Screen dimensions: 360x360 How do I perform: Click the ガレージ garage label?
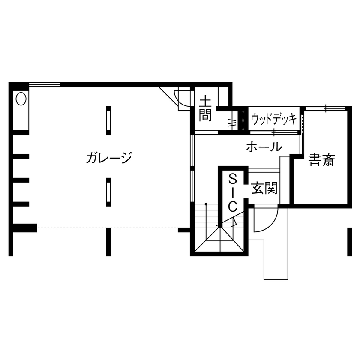point(108,158)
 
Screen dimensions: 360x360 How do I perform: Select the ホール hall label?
point(264,147)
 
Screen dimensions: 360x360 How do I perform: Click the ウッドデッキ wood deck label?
point(273,119)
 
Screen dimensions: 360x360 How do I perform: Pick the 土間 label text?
point(205,109)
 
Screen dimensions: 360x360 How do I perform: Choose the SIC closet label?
point(232,192)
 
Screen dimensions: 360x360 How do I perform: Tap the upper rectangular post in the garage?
point(108,119)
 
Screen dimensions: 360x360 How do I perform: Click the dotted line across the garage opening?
point(107,228)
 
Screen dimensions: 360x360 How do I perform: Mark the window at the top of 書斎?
point(326,108)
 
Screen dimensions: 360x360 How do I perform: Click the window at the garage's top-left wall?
point(45,84)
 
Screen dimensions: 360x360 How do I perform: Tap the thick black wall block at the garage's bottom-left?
point(25,228)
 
